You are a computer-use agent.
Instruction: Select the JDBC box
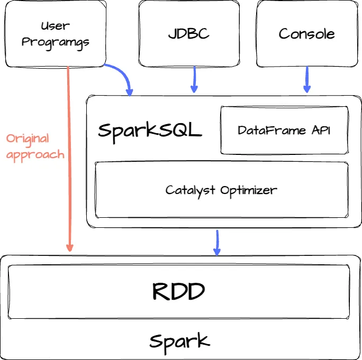(x=189, y=34)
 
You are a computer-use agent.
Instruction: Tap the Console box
(x=306, y=34)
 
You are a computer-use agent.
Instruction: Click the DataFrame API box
(x=284, y=131)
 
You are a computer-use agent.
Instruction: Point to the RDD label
(x=178, y=291)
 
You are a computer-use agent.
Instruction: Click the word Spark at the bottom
(x=179, y=341)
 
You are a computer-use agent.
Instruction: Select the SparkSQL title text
(x=150, y=131)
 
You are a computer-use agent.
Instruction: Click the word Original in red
(x=28, y=139)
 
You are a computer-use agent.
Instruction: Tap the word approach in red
(x=35, y=154)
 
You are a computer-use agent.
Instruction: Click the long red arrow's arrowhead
(x=69, y=246)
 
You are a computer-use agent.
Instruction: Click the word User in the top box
(x=55, y=25)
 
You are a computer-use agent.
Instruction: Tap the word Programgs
(x=55, y=42)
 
